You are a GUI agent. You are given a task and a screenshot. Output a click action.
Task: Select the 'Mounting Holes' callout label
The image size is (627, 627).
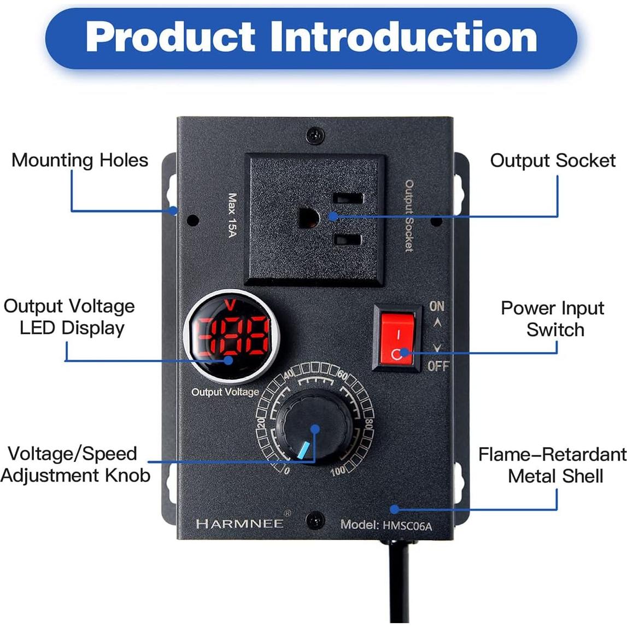(x=80, y=160)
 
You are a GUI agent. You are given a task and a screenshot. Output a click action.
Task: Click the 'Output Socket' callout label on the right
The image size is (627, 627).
(x=553, y=160)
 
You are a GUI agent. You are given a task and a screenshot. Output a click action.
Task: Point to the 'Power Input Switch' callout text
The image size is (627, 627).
(x=553, y=319)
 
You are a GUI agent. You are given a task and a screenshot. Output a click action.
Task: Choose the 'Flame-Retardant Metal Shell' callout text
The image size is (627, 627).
(x=553, y=465)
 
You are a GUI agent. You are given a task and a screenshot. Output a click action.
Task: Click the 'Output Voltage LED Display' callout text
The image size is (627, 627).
(x=70, y=317)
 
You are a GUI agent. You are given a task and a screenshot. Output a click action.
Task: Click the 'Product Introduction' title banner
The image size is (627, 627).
(x=311, y=37)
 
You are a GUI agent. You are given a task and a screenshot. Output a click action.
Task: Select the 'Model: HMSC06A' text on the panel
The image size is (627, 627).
(x=386, y=525)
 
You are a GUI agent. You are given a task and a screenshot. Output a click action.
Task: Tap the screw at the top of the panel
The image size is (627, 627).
(x=314, y=135)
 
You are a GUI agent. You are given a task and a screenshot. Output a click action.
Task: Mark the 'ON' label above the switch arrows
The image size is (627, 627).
(x=437, y=306)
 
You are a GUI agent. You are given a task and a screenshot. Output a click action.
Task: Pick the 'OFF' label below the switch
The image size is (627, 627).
(x=438, y=366)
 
